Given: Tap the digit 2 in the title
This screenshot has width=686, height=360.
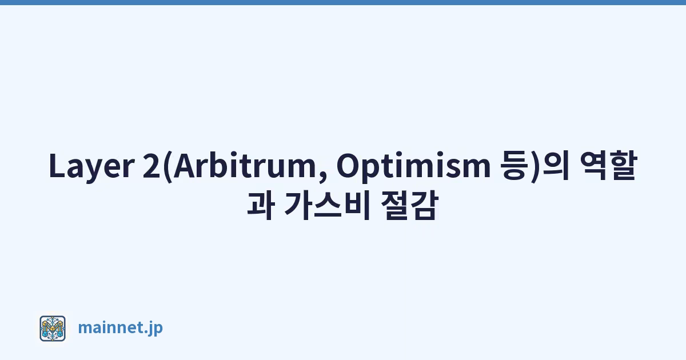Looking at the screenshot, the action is click(x=151, y=166).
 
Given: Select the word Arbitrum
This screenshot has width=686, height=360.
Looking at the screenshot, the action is click(x=244, y=165).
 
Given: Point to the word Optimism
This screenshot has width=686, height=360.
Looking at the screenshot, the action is click(x=413, y=166).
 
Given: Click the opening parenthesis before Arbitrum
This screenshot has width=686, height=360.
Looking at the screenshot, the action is click(x=167, y=166).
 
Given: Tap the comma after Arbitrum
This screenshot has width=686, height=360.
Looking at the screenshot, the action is click(x=322, y=177).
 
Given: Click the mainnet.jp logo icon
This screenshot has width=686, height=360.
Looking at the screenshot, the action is click(x=53, y=329).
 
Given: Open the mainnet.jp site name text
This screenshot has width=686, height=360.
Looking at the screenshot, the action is click(x=121, y=328).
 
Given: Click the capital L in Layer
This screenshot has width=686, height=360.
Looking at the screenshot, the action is click(x=57, y=165).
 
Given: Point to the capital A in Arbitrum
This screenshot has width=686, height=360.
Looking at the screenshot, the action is click(x=185, y=165).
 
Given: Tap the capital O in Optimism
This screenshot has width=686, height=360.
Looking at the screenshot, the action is click(x=349, y=165).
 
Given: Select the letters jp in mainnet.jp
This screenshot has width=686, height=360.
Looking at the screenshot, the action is click(x=155, y=329).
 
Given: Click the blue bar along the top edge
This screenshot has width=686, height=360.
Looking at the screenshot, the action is click(x=343, y=2).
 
